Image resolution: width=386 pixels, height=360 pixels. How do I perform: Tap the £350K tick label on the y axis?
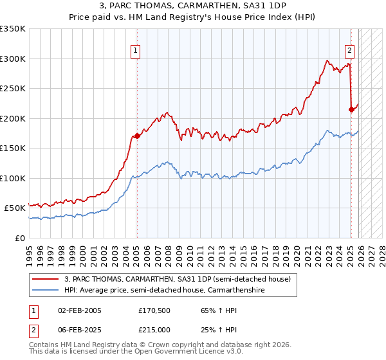(x=13, y=29)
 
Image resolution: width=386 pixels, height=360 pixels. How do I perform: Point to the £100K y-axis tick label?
(x=13, y=178)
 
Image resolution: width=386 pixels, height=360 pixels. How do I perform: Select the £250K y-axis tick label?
(x=13, y=89)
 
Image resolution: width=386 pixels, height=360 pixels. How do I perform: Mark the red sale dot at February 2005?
(x=137, y=136)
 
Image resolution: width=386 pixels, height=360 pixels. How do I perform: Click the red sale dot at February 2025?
(x=351, y=109)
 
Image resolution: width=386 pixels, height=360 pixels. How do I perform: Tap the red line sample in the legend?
(x=46, y=280)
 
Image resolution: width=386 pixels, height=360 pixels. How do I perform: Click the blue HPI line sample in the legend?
(x=46, y=291)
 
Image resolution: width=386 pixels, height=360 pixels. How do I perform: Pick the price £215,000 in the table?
(x=158, y=328)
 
